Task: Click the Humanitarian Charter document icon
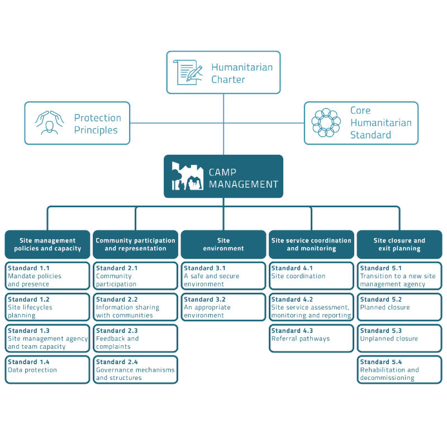point(189,73)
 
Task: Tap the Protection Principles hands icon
point(50,123)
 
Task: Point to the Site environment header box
point(223,244)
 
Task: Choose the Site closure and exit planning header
point(399,244)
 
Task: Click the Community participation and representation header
point(135,244)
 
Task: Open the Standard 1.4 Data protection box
point(47,370)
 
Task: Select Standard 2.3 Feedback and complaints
point(135,339)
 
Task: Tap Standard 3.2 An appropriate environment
point(223,307)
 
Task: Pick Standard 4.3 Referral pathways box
point(311,339)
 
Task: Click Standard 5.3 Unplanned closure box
point(399,339)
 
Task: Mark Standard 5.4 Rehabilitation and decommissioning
point(399,370)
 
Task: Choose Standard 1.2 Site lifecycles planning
point(47,307)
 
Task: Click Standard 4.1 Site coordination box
point(311,276)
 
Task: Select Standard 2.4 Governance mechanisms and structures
point(135,370)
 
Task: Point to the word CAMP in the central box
point(223,172)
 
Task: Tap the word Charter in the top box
point(228,79)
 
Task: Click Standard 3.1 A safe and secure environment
point(223,276)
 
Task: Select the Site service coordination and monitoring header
point(311,244)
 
